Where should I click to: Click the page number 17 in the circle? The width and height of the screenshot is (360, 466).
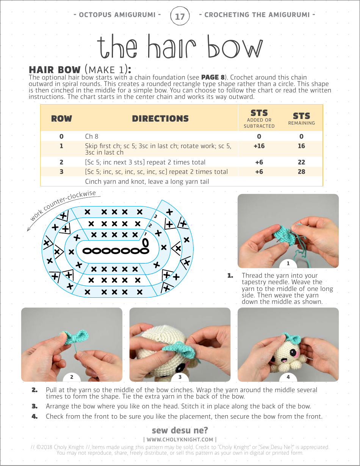180,16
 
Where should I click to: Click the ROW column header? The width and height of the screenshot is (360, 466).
61,119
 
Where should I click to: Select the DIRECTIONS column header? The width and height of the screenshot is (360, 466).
160,119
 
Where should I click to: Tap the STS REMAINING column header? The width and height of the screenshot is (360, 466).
301,118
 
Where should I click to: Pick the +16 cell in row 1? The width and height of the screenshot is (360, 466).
259,146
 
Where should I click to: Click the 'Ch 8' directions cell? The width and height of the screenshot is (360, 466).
92,136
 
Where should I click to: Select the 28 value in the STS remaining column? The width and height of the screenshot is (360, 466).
301,172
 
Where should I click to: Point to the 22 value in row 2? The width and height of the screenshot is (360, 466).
301,162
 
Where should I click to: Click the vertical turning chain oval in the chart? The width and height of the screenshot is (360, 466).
145,242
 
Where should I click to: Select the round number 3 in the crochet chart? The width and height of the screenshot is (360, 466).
155,217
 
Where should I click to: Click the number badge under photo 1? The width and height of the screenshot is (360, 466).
288,264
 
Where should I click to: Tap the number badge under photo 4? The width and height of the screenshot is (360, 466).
288,377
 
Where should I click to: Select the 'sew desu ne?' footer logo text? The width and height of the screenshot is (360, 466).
180,430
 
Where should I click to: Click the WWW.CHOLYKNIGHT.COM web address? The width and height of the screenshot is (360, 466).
180,439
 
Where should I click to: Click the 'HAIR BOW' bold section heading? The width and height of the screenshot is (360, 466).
55,70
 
